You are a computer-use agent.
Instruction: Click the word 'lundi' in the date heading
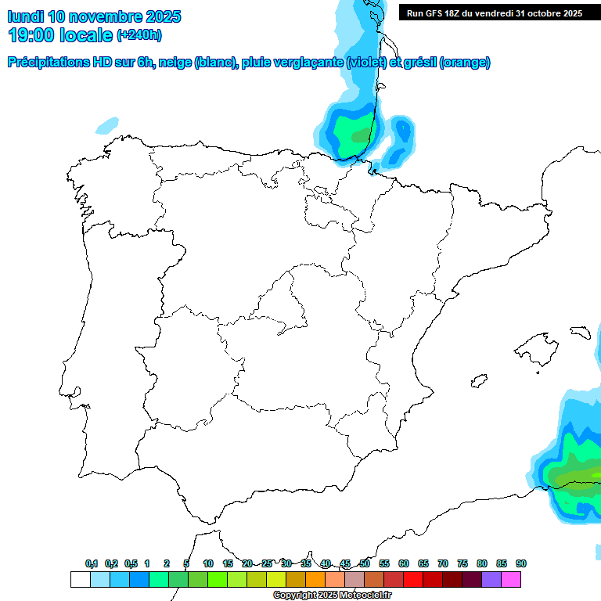pos(25,16)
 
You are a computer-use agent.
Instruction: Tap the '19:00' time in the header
pos(32,35)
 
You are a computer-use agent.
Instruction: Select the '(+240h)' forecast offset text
pos(139,35)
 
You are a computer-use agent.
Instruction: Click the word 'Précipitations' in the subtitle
pos(49,63)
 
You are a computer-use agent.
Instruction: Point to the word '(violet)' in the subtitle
pos(365,63)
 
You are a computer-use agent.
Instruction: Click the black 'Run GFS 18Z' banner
pos(495,13)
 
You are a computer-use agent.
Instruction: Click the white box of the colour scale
pos(80,579)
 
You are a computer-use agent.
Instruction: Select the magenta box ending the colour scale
pos(511,579)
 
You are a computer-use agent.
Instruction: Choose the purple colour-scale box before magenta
pos(491,579)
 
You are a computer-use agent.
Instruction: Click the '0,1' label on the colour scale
pos(92,563)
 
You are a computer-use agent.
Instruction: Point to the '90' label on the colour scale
pos(521,563)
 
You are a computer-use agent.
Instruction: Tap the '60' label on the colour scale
pos(404,563)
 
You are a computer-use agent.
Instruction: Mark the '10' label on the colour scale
pos(208,563)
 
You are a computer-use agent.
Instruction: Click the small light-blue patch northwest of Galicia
pos(108,124)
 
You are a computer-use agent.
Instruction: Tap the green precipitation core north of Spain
pos(354,130)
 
